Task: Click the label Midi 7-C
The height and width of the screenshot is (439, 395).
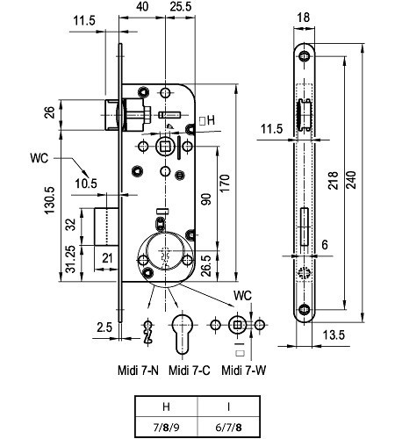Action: point(188,371)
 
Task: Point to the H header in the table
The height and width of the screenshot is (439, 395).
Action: point(165,407)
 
